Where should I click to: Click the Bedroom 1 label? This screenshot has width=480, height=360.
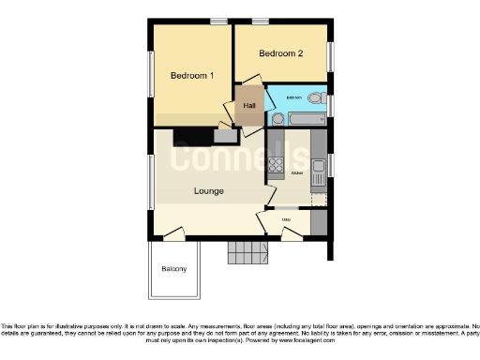tap(192, 75)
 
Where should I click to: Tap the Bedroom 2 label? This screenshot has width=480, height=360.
tap(281, 53)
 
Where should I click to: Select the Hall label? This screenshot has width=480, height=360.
tap(249, 105)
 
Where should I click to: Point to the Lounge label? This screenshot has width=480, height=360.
tap(208, 191)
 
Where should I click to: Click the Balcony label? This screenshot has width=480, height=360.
tap(173, 269)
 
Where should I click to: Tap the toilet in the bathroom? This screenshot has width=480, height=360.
tap(317, 97)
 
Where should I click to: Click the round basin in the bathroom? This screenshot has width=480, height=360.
tap(277, 118)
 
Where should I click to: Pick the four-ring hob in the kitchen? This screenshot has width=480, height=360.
tap(277, 167)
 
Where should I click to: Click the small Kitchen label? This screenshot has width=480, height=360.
tap(297, 174)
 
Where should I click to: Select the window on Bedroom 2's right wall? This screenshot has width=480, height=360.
tap(329, 54)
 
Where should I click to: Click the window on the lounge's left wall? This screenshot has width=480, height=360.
tap(151, 183)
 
